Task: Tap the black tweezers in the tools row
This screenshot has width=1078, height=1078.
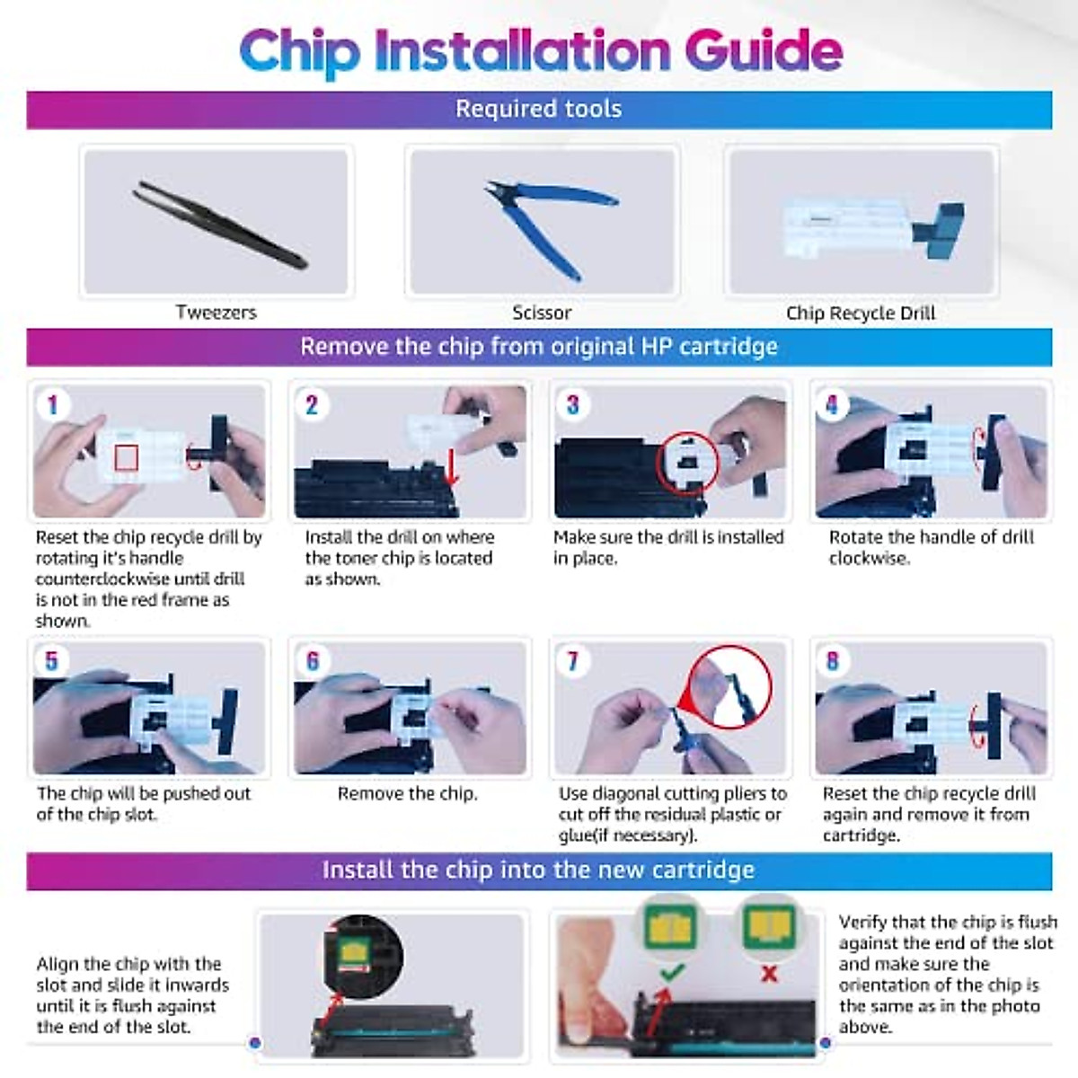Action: click(x=219, y=224)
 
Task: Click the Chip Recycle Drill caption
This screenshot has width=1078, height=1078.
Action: click(x=861, y=314)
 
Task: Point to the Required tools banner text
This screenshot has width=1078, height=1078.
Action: click(x=538, y=109)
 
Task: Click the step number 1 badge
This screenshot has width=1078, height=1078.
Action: click(x=53, y=404)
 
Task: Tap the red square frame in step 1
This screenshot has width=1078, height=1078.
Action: click(x=127, y=458)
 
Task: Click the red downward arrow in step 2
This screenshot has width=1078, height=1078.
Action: click(x=452, y=465)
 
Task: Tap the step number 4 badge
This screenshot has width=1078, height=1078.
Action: click(x=832, y=404)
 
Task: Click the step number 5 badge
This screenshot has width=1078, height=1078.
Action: click(x=51, y=660)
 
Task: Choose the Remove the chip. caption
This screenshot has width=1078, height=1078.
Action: click(x=408, y=793)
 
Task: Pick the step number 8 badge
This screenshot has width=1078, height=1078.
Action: click(x=833, y=660)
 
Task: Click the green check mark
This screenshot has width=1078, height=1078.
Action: click(x=672, y=972)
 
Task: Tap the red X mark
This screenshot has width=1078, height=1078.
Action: click(x=770, y=974)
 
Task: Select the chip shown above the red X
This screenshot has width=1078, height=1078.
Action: click(x=770, y=926)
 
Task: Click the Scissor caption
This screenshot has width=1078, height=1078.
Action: click(x=542, y=313)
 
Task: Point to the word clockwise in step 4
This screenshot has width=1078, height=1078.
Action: click(x=869, y=558)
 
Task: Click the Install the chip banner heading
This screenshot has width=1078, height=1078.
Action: click(x=538, y=870)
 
